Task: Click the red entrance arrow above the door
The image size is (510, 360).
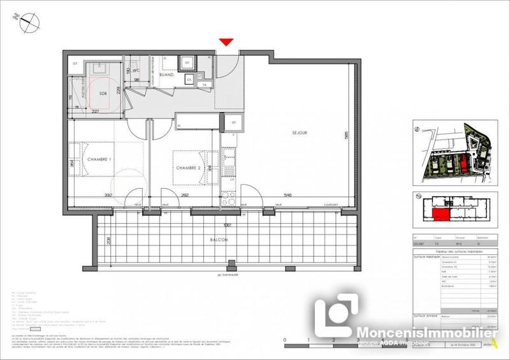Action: pyautogui.click(x=224, y=42)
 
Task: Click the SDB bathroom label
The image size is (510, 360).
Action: pyautogui.click(x=103, y=94)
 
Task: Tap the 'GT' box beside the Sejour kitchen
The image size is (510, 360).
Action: pyautogui.click(x=234, y=122)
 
